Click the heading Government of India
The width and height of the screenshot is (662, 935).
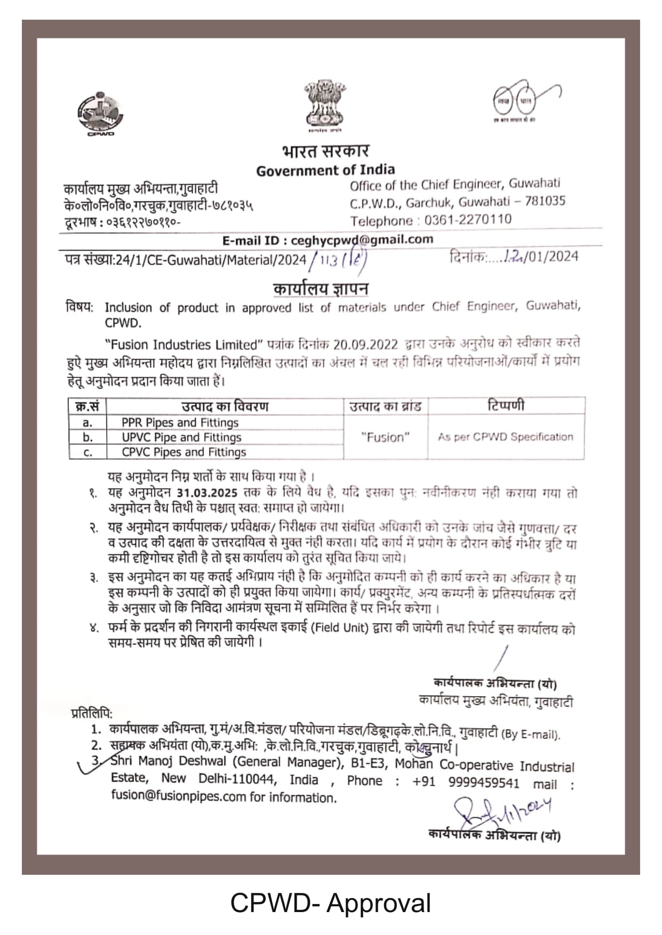click(325, 171)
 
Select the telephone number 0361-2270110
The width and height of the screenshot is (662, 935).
click(468, 220)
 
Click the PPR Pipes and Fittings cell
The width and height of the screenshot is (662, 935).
click(180, 423)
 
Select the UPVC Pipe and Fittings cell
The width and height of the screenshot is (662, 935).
click(181, 438)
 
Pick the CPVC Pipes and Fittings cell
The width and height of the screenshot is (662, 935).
click(184, 452)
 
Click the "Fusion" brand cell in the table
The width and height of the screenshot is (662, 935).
click(385, 437)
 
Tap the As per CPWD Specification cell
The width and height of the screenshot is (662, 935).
click(505, 437)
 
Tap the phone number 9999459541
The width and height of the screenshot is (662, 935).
click(483, 782)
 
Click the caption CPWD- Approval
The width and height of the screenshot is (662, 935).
click(330, 903)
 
